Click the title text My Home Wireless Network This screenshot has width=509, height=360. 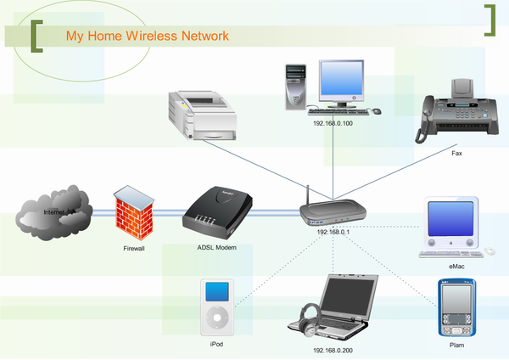148,37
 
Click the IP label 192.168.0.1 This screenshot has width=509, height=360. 334,231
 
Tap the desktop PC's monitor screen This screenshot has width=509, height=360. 343,80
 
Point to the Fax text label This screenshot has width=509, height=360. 456,155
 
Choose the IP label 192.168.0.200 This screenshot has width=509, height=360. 333,349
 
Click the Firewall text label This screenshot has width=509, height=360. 133,249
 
